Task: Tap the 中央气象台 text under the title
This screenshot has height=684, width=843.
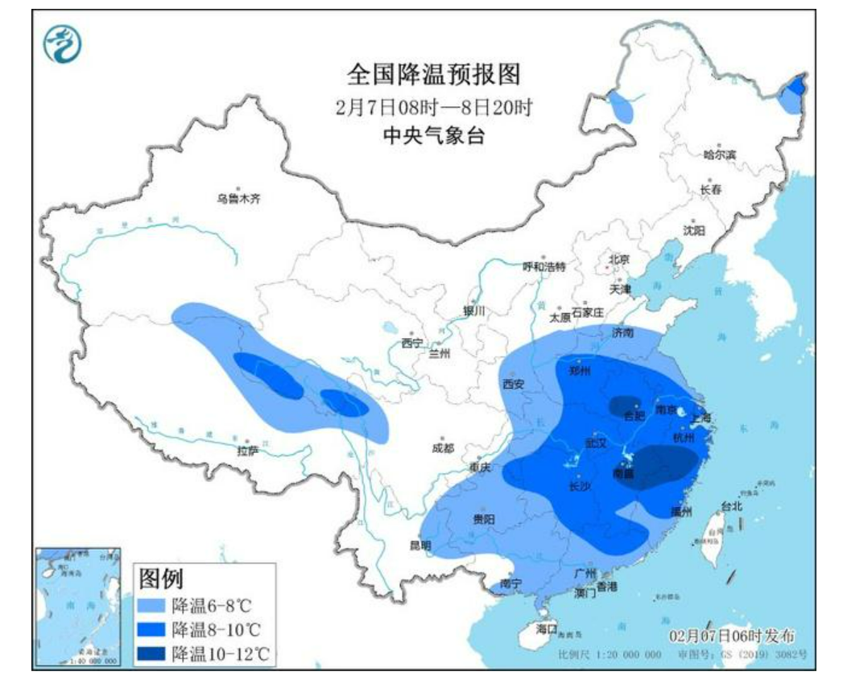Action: pos(433,136)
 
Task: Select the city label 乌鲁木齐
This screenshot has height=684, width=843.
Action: pos(238,199)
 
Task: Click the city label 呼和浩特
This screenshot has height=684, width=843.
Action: pos(544,266)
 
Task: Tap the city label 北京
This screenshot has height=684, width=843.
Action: pos(618,259)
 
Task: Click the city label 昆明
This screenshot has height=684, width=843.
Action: pos(420,545)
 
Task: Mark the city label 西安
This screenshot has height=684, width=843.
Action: pos(513,385)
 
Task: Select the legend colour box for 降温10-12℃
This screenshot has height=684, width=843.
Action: pos(152,653)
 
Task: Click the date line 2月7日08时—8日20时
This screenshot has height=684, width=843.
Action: pos(433,107)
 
